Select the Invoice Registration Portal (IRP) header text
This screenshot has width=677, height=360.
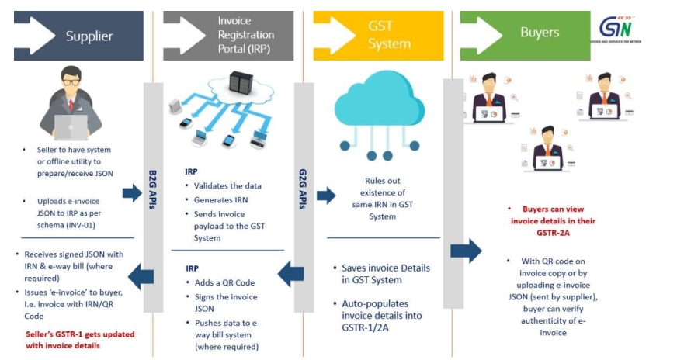coord(246,35)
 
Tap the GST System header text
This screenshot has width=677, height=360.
coord(389,35)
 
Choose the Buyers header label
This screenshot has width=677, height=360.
coord(540,33)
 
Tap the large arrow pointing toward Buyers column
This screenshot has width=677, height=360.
coord(466,251)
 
